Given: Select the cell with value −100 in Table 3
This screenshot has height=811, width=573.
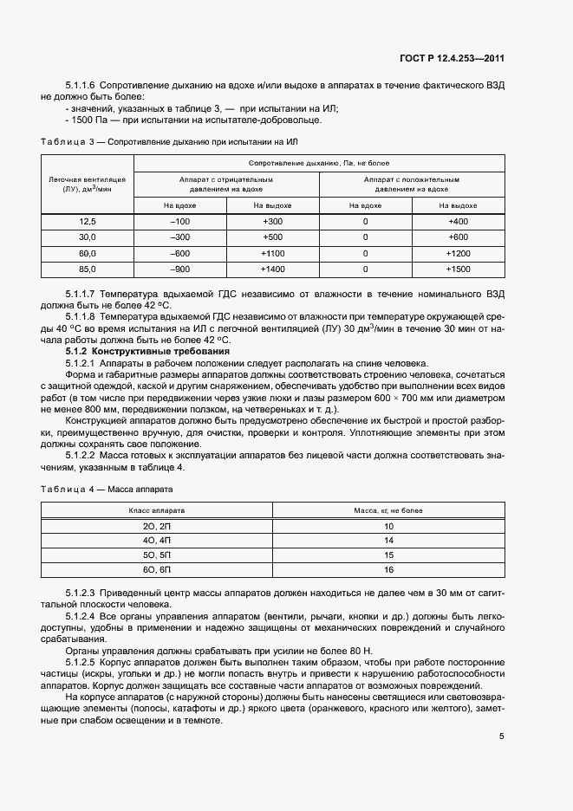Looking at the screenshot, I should click(x=181, y=222).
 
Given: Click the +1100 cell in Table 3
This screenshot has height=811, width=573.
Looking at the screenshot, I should click(x=272, y=253).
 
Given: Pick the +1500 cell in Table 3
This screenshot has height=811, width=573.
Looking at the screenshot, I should click(x=459, y=269).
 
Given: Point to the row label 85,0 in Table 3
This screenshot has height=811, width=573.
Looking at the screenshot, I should click(x=87, y=269).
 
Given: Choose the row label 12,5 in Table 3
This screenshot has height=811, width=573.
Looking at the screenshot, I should click(x=87, y=222).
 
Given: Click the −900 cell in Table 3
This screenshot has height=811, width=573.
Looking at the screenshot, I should click(x=181, y=269).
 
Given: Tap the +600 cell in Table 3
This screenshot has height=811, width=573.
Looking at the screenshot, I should click(x=459, y=237).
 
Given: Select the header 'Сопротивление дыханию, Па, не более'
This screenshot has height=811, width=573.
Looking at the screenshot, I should click(x=319, y=163).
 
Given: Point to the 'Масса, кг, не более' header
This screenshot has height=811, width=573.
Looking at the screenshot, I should click(x=388, y=511).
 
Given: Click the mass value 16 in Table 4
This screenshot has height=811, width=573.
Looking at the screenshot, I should click(x=388, y=569).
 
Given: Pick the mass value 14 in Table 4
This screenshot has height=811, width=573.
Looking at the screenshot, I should click(x=388, y=540).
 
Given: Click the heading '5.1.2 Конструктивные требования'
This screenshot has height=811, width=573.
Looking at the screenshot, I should click(x=148, y=352).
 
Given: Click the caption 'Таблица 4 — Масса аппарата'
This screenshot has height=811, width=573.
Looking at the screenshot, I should click(x=107, y=489).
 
